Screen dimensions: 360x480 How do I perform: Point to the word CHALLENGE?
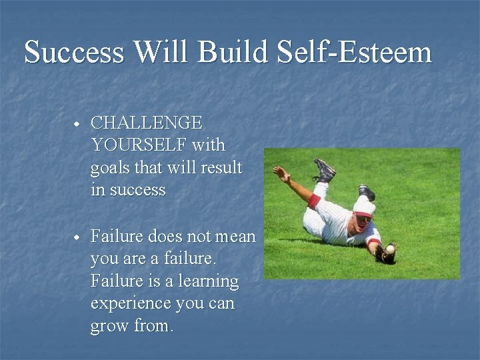point(146,123)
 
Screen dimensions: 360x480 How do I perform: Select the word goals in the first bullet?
point(112,168)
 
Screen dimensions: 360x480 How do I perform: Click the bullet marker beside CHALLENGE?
point(77,124)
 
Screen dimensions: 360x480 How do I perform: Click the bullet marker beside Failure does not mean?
point(77,237)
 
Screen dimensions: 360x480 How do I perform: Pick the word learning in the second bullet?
point(206,281)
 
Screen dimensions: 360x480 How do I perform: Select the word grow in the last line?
point(110,327)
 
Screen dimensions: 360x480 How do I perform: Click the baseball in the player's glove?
point(390,249)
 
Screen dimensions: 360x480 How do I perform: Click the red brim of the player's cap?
point(364,214)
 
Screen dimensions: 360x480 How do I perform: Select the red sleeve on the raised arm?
point(313,200)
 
